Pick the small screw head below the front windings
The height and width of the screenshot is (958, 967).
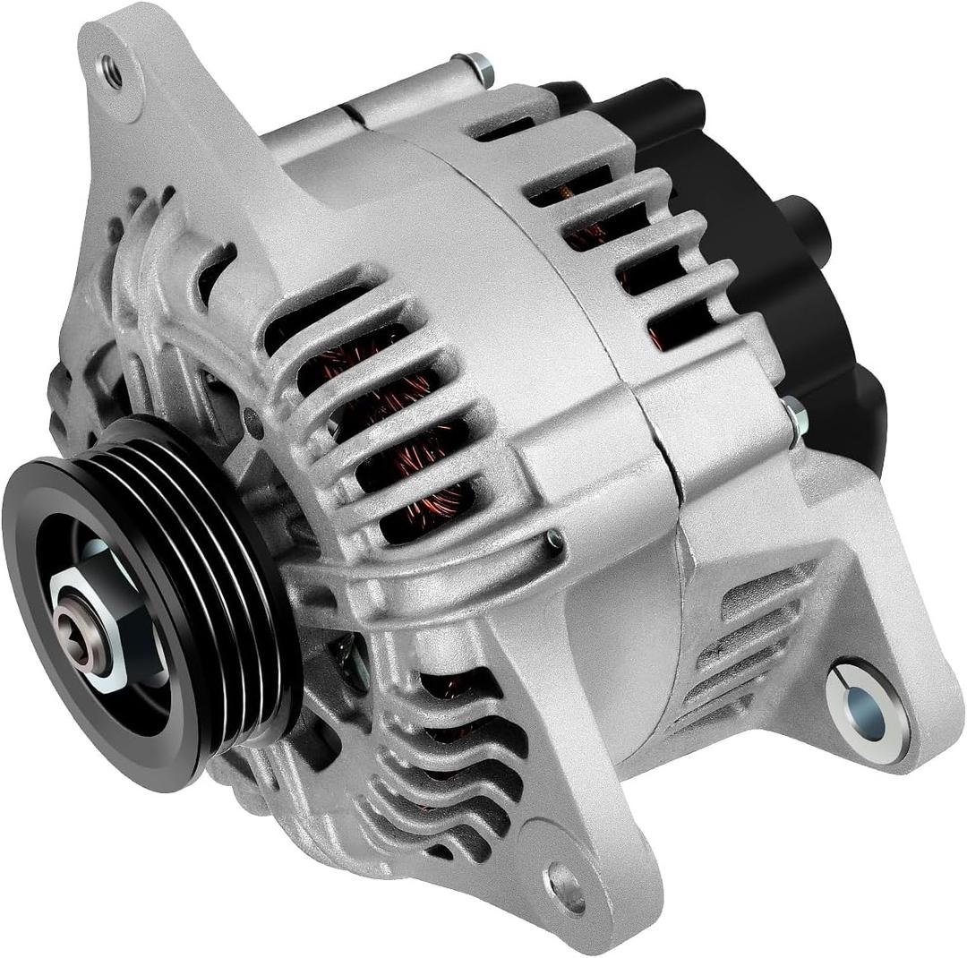coord(554,538)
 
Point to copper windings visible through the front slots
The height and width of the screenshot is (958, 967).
coord(403,421)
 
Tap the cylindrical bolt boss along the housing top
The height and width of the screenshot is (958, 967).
coord(403,98)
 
